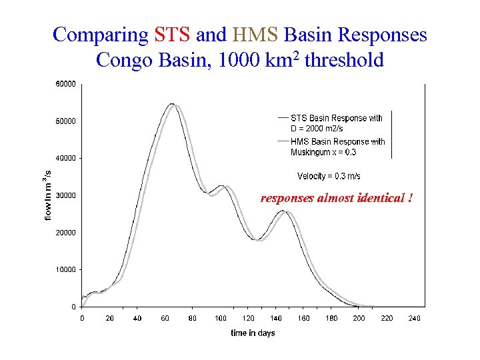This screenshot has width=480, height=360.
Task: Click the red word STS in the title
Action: (x=173, y=35)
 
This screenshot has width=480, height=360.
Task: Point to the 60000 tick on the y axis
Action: (x=64, y=84)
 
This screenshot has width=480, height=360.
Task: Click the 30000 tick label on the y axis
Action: (x=64, y=195)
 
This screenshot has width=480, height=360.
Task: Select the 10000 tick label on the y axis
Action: (x=64, y=270)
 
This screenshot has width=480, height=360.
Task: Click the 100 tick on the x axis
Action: (x=221, y=318)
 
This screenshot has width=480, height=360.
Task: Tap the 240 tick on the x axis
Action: (x=414, y=318)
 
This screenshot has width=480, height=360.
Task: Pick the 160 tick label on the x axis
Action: (x=303, y=318)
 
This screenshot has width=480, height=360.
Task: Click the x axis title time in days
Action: (x=253, y=333)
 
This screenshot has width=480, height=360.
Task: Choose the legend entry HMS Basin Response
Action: (x=337, y=147)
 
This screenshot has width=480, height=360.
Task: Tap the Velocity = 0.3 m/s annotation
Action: (x=329, y=176)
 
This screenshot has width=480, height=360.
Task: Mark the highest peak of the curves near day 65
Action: (x=173, y=105)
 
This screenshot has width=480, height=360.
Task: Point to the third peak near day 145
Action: (x=284, y=211)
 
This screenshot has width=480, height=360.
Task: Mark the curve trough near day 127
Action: (x=258, y=239)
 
